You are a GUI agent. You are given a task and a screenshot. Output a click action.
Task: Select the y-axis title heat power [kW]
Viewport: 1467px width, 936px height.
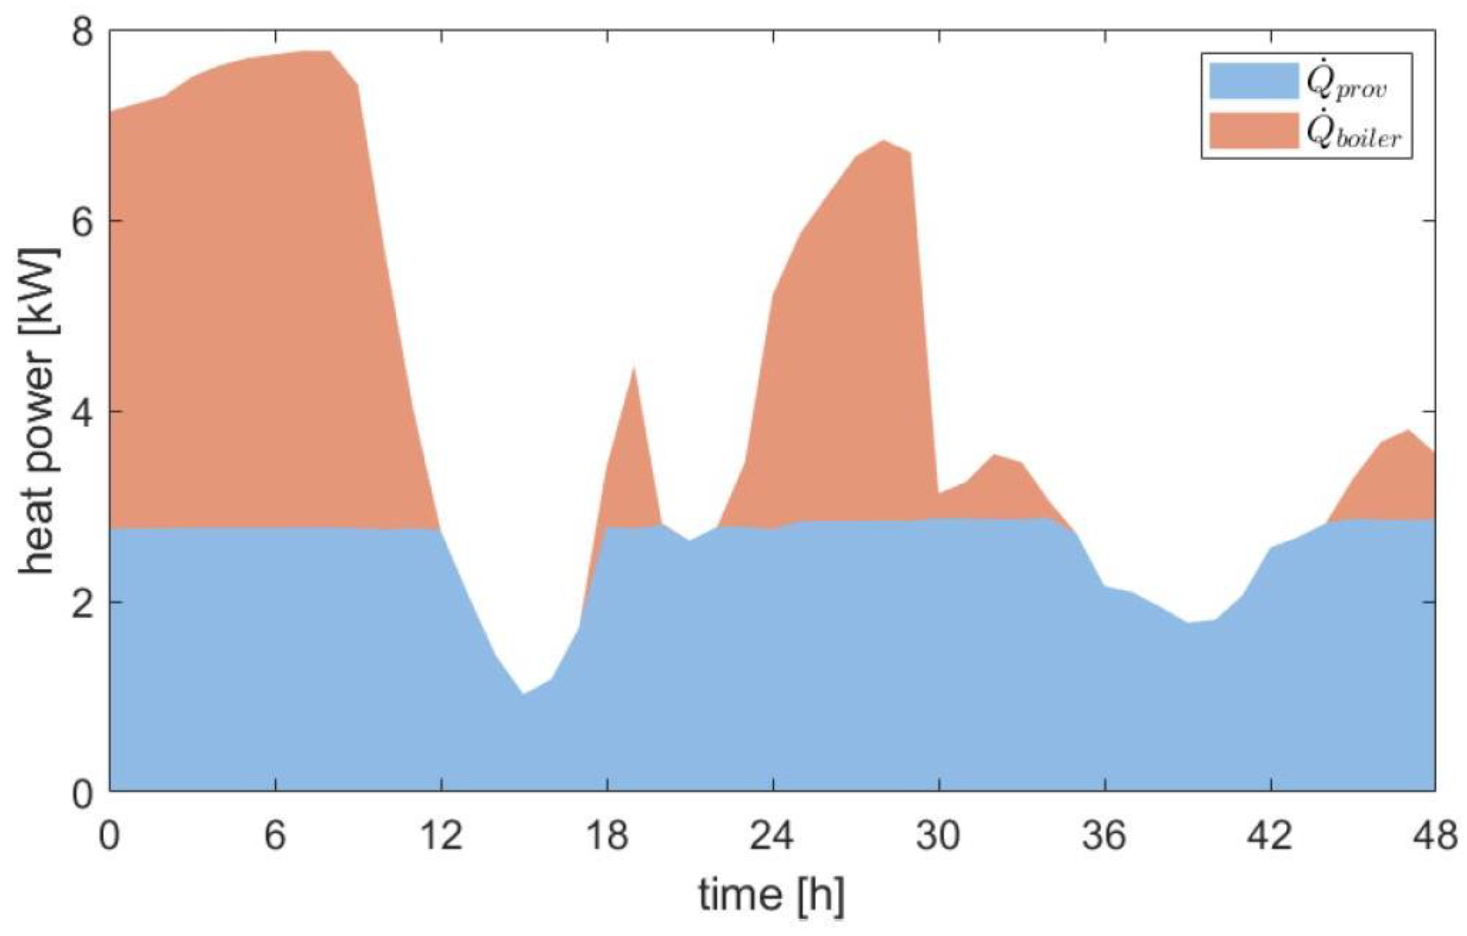[38, 412]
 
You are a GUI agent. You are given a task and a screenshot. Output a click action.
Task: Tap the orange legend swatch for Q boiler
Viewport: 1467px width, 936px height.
[1254, 129]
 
